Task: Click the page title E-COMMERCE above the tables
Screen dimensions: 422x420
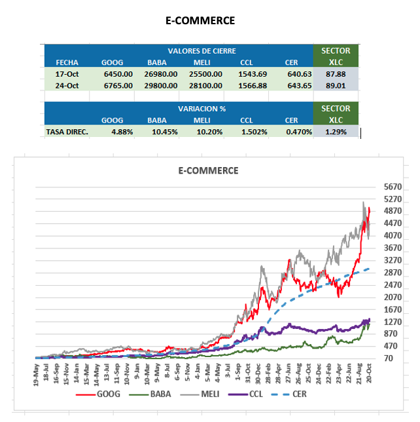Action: tap(200, 20)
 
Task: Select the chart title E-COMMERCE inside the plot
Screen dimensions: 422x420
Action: tap(209, 170)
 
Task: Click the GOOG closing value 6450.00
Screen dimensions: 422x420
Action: tap(118, 74)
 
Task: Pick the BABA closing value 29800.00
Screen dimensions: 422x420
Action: tap(161, 85)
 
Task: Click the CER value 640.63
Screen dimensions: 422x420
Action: tap(298, 74)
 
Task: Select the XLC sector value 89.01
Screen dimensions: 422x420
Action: tap(336, 85)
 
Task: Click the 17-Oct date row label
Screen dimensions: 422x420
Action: tap(67, 74)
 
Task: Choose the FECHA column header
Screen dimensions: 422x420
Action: tap(67, 62)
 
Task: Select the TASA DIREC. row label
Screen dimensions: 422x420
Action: tap(67, 132)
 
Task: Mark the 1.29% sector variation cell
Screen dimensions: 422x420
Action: tap(336, 132)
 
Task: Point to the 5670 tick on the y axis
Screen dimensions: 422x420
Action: tap(393, 187)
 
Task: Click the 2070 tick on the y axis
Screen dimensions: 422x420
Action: tap(393, 297)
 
